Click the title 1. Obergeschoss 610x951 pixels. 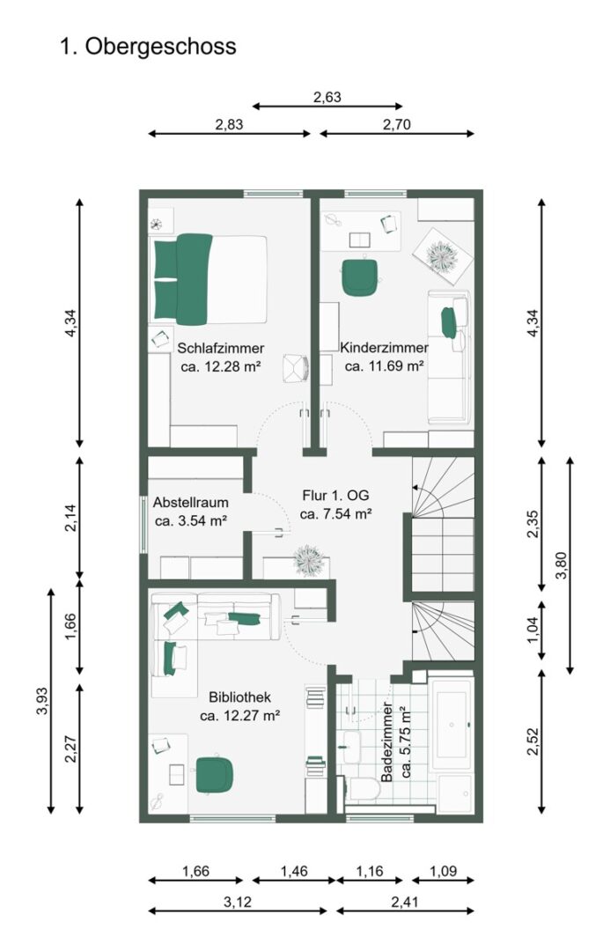[x=148, y=47]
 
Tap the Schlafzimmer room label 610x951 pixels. [x=221, y=348]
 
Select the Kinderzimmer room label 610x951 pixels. [x=384, y=348]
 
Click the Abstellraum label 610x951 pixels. [x=190, y=502]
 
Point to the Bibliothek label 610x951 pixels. [x=239, y=697]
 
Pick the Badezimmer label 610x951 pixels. [x=387, y=741]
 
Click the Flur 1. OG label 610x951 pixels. [x=335, y=496]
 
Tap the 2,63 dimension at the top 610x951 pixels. [x=327, y=97]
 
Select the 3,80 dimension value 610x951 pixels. [x=562, y=565]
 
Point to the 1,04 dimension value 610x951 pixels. [x=533, y=630]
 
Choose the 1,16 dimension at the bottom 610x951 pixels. [x=370, y=872]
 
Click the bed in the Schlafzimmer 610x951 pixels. [x=209, y=278]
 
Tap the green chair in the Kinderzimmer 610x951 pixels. [x=360, y=276]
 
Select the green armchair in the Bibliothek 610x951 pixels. [x=215, y=775]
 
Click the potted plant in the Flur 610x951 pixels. [x=309, y=560]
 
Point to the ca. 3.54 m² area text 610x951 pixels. [x=190, y=520]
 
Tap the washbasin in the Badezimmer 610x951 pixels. [x=352, y=747]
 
